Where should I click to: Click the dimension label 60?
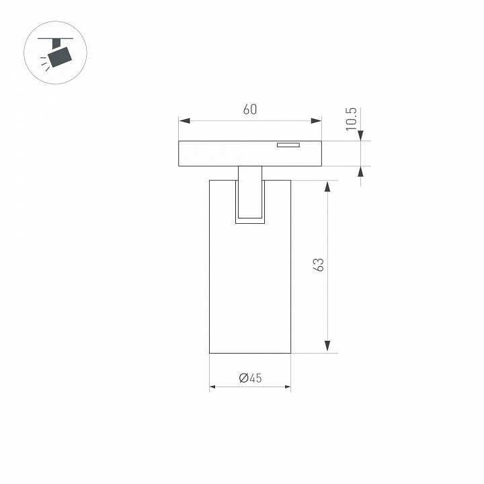(x=249, y=110)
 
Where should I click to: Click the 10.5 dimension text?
(x=351, y=119)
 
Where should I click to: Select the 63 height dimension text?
(x=318, y=265)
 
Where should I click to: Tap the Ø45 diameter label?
(x=250, y=378)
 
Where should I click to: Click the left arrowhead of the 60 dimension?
(x=184, y=121)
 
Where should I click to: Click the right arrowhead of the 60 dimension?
(x=316, y=121)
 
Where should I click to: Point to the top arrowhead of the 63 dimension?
(x=327, y=186)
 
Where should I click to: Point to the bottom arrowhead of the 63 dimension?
(x=327, y=346)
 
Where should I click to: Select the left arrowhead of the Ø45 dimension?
(x=212, y=387)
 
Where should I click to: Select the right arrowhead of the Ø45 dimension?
(x=288, y=387)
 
